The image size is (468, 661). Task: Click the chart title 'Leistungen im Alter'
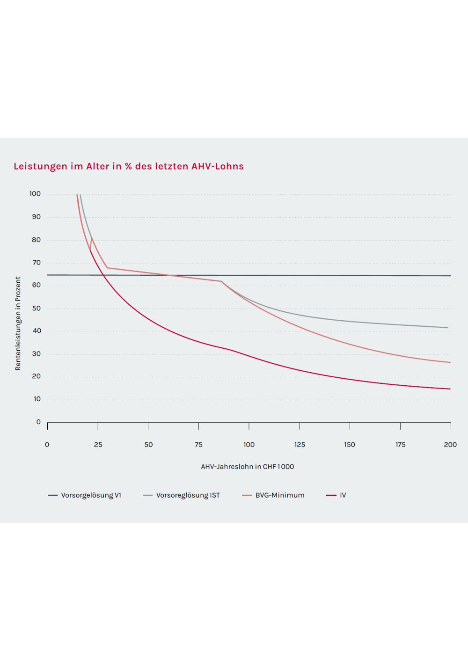click(129, 166)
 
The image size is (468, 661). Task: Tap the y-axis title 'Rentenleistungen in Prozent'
click(18, 323)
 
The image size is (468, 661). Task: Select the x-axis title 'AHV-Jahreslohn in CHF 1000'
click(248, 467)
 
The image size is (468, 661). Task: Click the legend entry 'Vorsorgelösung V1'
click(91, 495)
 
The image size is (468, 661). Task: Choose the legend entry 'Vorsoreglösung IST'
click(188, 495)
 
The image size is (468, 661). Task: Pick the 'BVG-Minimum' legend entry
click(279, 495)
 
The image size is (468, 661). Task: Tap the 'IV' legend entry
click(343, 495)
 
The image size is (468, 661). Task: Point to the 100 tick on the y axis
click(35, 194)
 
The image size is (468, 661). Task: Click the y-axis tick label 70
click(37, 263)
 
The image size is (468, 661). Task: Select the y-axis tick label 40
click(37, 331)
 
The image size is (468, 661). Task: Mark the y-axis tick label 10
click(37, 399)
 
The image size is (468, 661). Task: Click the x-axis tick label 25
click(98, 445)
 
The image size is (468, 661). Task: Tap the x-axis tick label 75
click(199, 445)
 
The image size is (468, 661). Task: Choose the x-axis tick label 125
click(300, 445)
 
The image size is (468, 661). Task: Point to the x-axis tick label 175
click(401, 445)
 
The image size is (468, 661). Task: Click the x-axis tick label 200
click(450, 445)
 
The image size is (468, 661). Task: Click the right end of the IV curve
click(450, 389)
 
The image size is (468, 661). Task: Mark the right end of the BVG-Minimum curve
click(450, 362)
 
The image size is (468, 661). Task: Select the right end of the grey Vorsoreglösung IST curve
click(448, 328)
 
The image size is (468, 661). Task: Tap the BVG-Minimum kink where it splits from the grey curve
click(221, 281)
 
